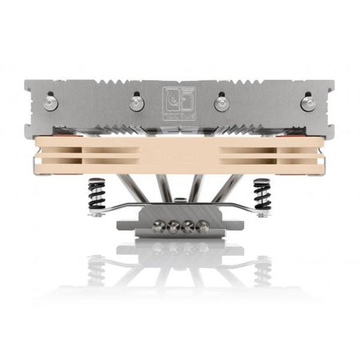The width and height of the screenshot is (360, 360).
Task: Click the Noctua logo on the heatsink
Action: click(x=179, y=102)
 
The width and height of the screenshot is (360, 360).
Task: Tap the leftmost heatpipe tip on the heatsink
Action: click(x=52, y=102)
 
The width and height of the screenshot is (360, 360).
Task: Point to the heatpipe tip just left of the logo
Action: click(x=135, y=102)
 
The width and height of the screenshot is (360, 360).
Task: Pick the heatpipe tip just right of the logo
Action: click(x=223, y=102)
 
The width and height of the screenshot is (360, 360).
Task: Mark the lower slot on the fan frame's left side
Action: click(x=88, y=159)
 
